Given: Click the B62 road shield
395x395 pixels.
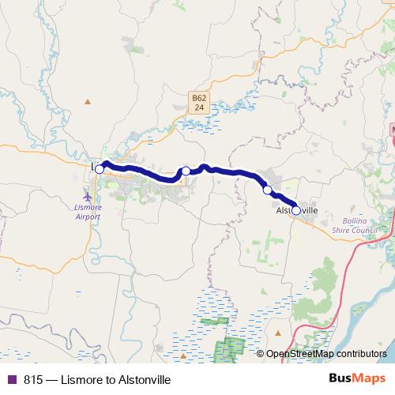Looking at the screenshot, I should click(198, 98).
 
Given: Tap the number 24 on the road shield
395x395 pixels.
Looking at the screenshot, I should click(198, 107).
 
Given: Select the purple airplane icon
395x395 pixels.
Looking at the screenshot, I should click(88, 197).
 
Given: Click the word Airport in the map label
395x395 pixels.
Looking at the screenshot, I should click(88, 215).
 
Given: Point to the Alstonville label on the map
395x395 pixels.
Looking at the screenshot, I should click(296, 211).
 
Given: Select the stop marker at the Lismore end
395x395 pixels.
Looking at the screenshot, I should click(100, 169).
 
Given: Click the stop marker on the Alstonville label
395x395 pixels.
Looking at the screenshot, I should click(296, 210).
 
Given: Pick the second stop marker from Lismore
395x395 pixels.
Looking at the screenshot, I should click(186, 171).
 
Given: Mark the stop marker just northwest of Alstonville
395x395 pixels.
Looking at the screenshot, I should click(268, 190).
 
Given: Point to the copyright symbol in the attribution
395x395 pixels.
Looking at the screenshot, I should click(261, 355).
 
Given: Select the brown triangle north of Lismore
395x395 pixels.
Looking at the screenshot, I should click(88, 100).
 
